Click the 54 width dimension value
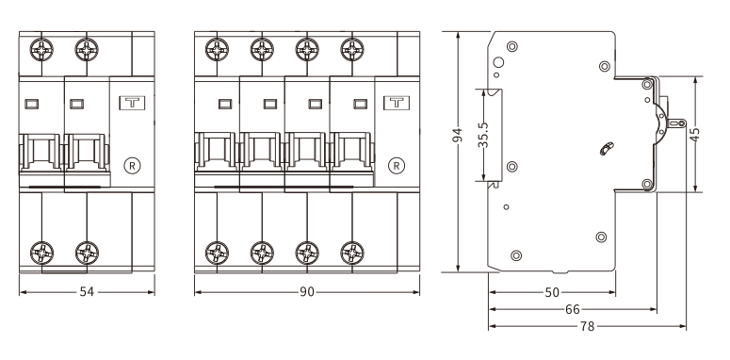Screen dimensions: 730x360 pos(87,292)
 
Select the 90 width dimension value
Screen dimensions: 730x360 pos(307,292)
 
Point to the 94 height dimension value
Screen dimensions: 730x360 pos(458,135)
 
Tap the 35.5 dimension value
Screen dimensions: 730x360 pos(483,135)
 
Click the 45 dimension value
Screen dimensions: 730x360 pos(694,135)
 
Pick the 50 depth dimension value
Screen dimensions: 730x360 pos(552,292)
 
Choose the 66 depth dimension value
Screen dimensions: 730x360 pos(573,309)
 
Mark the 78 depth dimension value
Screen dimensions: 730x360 pos(588,326)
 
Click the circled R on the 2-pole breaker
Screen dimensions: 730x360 pos(133,165)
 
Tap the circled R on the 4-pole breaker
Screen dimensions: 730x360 pos(397,165)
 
